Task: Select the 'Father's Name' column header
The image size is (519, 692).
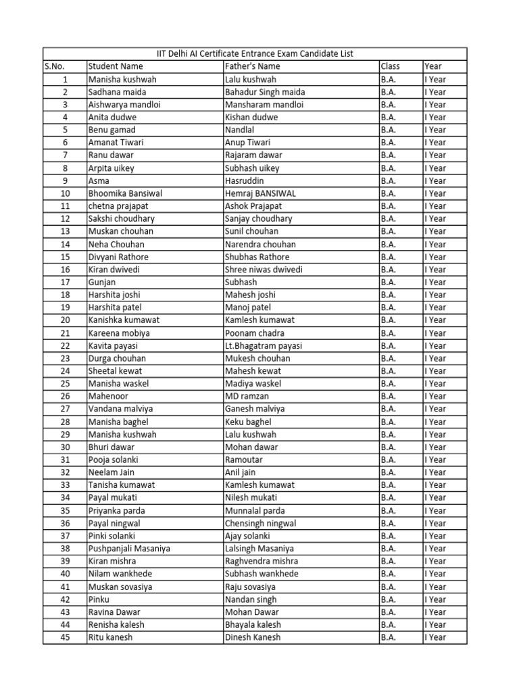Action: pyautogui.click(x=252, y=66)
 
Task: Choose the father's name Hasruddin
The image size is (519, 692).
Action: pyautogui.click(x=245, y=180)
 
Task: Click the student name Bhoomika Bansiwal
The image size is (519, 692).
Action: pyautogui.click(x=125, y=193)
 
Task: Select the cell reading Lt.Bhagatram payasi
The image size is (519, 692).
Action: pyautogui.click(x=264, y=345)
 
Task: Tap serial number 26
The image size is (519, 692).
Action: pyautogui.click(x=65, y=396)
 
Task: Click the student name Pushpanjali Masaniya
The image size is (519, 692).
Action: pyautogui.click(x=129, y=549)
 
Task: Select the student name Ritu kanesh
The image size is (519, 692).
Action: pyautogui.click(x=110, y=637)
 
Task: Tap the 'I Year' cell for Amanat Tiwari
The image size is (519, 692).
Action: pyautogui.click(x=435, y=143)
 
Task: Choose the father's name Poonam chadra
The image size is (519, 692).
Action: pyautogui.click(x=255, y=333)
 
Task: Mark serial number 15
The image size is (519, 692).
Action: pyautogui.click(x=65, y=257)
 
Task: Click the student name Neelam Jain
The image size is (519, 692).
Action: pyautogui.click(x=112, y=472)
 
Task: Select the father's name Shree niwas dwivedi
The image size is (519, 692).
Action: pyautogui.click(x=264, y=270)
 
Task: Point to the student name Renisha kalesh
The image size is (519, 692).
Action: pyautogui.click(x=116, y=624)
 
